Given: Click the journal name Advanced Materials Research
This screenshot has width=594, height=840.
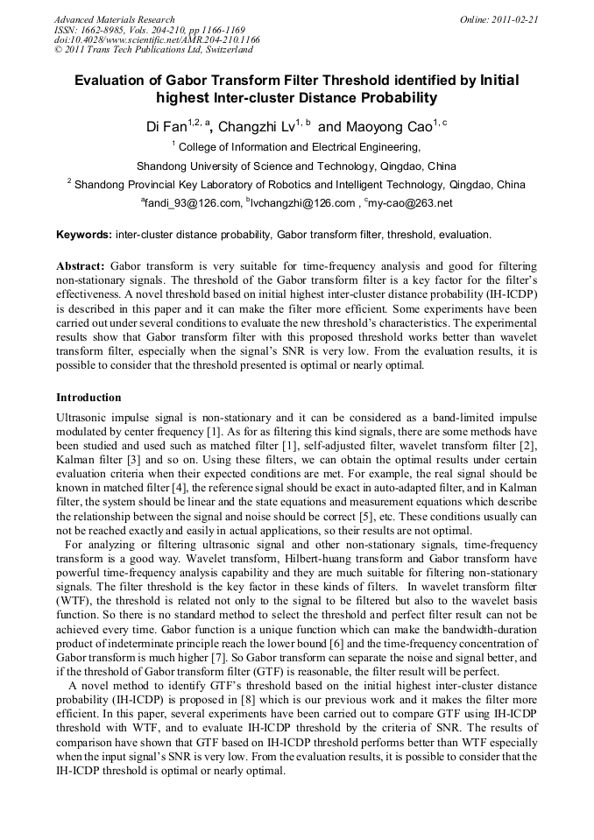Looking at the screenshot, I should click(x=114, y=19).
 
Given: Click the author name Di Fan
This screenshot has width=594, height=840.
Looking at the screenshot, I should click(x=165, y=127).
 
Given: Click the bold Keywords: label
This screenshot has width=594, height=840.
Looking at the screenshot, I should click(x=83, y=235).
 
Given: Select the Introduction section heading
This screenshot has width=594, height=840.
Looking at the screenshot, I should click(x=88, y=398).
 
